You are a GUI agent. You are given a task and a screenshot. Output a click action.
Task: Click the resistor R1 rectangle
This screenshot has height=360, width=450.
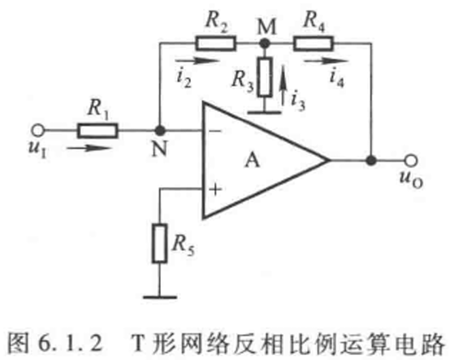tap(97, 131)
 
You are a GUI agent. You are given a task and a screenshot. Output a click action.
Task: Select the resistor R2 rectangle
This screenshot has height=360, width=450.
tap(216, 43)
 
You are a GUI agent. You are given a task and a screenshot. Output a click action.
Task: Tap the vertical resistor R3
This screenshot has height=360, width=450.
tap(265, 76)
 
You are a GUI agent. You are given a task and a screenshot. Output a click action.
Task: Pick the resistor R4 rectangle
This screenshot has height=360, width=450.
tap(313, 43)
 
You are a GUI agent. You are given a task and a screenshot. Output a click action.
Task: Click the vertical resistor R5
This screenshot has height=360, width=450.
tap(159, 243)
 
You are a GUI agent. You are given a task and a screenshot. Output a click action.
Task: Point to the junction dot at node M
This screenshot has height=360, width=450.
tap(265, 43)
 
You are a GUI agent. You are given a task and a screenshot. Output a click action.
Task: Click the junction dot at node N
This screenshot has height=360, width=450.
tap(159, 131)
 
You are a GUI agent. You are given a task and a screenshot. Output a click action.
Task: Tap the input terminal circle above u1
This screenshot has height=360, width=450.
tap(38, 131)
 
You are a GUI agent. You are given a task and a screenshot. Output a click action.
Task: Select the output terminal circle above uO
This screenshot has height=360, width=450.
tap(411, 160)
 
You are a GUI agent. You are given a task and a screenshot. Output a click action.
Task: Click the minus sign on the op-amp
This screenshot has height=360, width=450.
tap(215, 131)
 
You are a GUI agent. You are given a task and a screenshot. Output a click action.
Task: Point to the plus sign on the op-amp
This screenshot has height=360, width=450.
tap(215, 189)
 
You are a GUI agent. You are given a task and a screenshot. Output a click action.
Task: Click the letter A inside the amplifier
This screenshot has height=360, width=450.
tap(253, 160)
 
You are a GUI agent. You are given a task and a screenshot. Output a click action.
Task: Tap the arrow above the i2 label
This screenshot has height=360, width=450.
tap(197, 61)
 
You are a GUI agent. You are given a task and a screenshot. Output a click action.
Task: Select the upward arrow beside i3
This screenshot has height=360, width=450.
tap(283, 85)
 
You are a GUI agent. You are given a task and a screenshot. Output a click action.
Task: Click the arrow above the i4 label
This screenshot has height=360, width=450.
tap(327, 61)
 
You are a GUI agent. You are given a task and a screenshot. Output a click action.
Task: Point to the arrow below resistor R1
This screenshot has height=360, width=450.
tap(89, 148)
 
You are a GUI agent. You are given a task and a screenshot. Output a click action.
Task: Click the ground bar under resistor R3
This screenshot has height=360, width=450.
tap(264, 112)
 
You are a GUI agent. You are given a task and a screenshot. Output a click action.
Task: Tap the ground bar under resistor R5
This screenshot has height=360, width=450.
tap(159, 297)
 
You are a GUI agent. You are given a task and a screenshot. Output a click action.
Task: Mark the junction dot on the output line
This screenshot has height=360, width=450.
tap(371, 160)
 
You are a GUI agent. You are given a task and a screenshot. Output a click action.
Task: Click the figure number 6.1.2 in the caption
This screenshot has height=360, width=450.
tap(70, 344)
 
